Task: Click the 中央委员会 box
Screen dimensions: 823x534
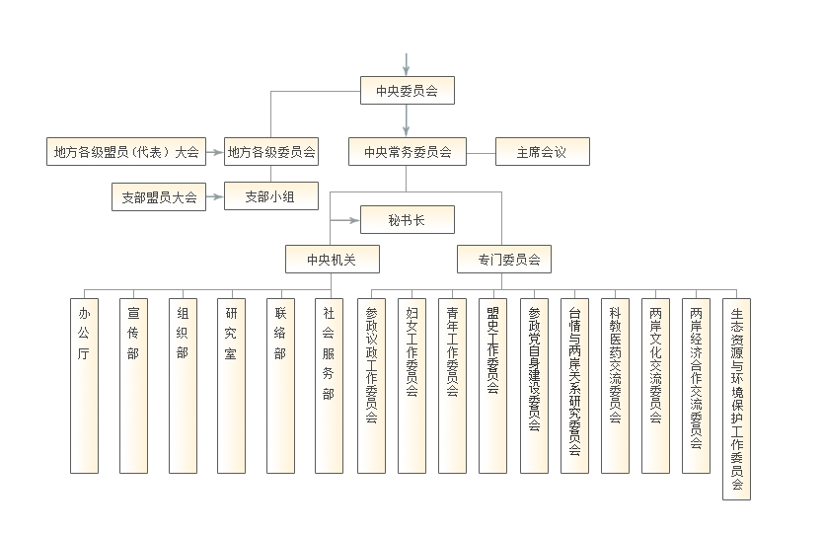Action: coord(407,90)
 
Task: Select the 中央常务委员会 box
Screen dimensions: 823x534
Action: coord(408,152)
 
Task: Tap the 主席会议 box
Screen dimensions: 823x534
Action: coord(542,152)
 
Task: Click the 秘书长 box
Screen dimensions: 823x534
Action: coord(407,219)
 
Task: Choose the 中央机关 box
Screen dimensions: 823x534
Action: coord(333,259)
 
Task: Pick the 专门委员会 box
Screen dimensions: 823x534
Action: coord(504,259)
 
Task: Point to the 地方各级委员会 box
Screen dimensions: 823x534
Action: coord(270,152)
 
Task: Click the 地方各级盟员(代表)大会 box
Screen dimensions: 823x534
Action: coord(126,152)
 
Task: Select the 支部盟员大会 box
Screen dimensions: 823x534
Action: coord(159,196)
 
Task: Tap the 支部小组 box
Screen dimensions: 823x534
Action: coord(270,195)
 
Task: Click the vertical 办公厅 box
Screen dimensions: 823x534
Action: coord(84,386)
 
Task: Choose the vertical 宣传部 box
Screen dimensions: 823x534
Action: coord(133,386)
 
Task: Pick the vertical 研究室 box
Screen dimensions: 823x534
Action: coord(231,386)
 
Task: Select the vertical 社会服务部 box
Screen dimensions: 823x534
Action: coord(329,386)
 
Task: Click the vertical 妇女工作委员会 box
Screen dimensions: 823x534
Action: coord(411,386)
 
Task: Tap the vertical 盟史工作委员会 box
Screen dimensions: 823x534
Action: coord(492,386)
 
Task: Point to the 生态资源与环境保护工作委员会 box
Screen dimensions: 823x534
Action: coord(736,399)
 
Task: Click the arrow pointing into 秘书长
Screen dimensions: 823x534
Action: coord(344,220)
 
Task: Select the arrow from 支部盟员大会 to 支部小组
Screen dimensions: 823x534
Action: coord(215,196)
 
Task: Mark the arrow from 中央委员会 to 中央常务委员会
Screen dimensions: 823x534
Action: coord(406,120)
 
